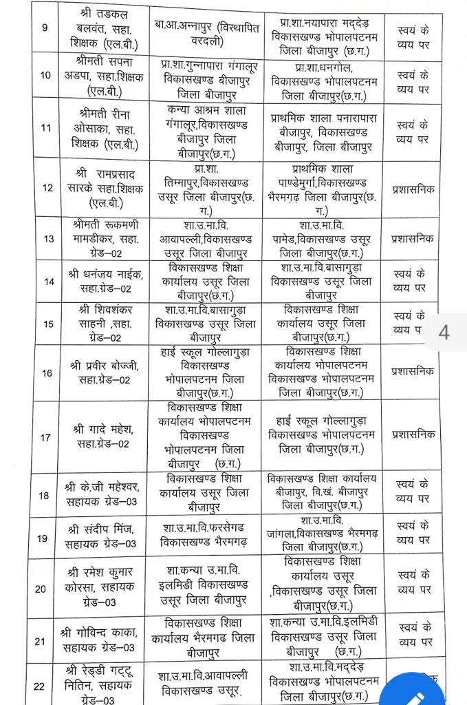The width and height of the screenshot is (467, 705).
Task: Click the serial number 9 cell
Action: [x=45, y=30]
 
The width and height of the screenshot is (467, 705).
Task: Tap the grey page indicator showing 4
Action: [x=444, y=332]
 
